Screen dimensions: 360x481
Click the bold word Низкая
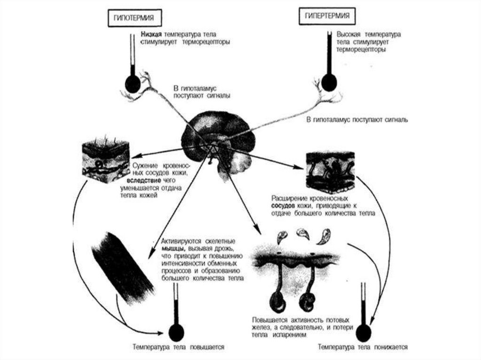tap(150, 35)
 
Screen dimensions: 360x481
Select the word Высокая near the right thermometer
tap(349, 34)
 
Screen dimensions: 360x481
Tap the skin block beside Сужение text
tap(105, 160)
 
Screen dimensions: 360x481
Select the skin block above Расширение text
tap(330, 171)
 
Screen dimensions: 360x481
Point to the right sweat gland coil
tap(308, 299)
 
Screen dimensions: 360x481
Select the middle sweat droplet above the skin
tap(300, 232)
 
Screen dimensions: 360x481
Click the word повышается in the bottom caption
tap(207, 347)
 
